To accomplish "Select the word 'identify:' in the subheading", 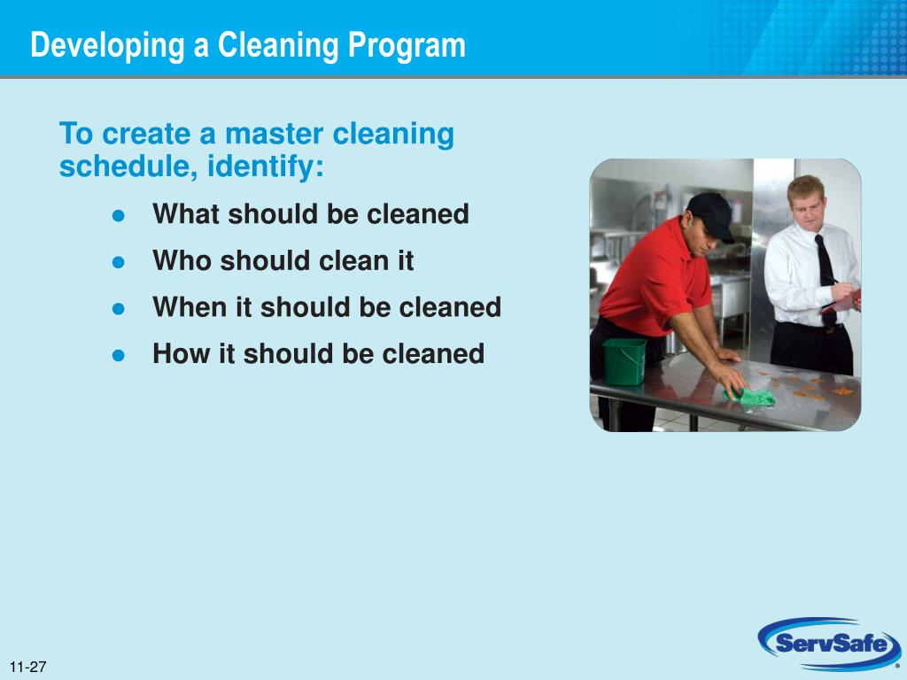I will coord(266,166).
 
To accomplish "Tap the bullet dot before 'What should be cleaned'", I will coord(118,215).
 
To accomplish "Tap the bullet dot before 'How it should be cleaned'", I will coord(118,354).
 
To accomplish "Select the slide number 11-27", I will coord(28,667).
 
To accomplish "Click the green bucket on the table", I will coord(624,361).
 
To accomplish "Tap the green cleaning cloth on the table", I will coord(752,398).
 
